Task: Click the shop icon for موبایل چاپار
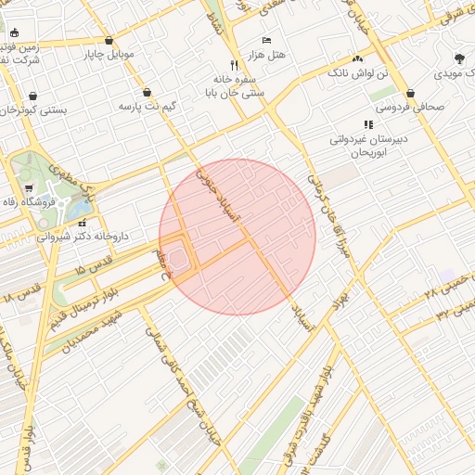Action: pyautogui.click(x=110, y=41)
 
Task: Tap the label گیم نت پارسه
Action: pyautogui.click(x=147, y=107)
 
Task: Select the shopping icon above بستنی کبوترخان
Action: pyautogui.click(x=33, y=96)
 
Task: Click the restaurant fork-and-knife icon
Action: pyautogui.click(x=234, y=66)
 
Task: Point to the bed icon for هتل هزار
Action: pyautogui.click(x=266, y=41)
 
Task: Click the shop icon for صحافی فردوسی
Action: pyautogui.click(x=410, y=93)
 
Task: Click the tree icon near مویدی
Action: pyautogui.click(x=459, y=58)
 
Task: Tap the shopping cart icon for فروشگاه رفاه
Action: pyautogui.click(x=28, y=188)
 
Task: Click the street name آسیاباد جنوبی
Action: pyautogui.click(x=231, y=196)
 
